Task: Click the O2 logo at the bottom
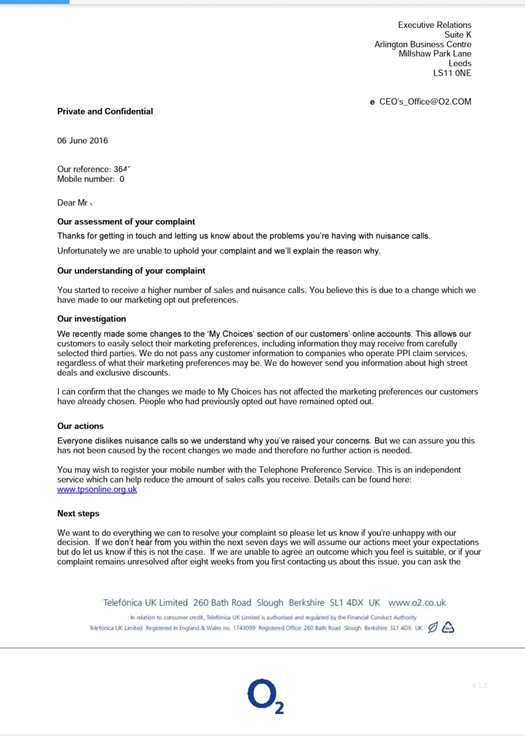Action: [265, 696]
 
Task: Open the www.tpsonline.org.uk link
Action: [97, 489]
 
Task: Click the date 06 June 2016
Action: [82, 141]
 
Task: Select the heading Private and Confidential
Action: [105, 111]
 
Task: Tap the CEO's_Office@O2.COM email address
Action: [425, 102]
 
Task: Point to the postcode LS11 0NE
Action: [452, 73]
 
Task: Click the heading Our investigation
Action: [91, 319]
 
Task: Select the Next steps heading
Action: [78, 513]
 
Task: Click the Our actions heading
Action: [80, 426]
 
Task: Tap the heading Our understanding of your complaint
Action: [131, 271]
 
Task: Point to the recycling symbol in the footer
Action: [448, 627]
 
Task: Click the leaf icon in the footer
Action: [432, 627]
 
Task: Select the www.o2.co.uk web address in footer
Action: [417, 603]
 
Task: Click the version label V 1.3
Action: [479, 686]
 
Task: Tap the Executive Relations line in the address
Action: [434, 25]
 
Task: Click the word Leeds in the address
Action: [460, 63]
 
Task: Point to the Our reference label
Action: [84, 169]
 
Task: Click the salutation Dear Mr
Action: [72, 203]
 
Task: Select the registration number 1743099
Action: [244, 628]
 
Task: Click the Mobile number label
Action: [86, 179]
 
